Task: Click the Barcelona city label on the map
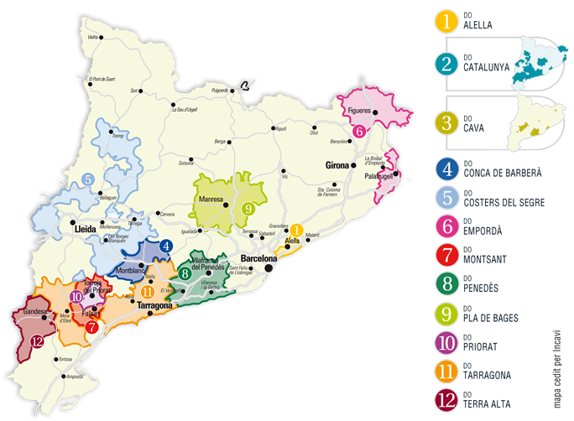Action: pos(258,258)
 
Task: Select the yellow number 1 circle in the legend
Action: pos(446,21)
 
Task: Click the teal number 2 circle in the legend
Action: pos(446,61)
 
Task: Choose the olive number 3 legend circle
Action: pos(446,122)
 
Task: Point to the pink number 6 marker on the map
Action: pos(358,131)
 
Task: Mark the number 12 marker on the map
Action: pos(35,340)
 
